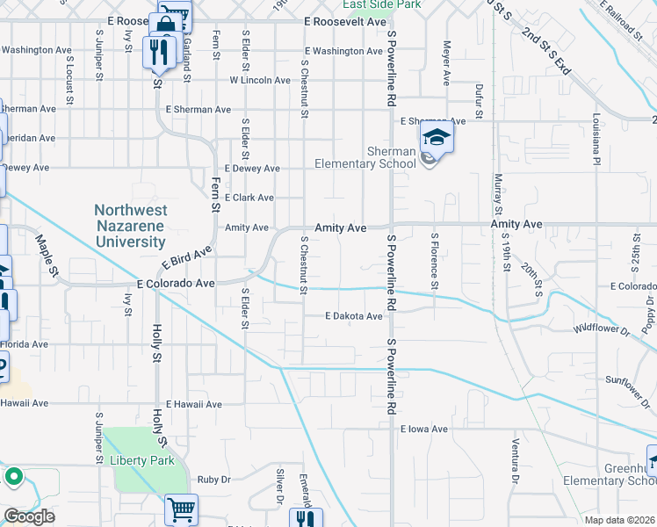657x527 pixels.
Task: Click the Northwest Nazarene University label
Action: (x=142, y=224)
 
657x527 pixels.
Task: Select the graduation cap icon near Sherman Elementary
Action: (x=435, y=138)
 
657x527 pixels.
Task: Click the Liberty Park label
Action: (x=141, y=460)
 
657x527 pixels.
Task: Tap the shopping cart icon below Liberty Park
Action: (x=181, y=509)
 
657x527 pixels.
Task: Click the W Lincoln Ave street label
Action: (x=260, y=80)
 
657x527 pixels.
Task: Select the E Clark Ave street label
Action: (x=249, y=198)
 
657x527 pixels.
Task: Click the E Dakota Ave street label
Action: (x=354, y=316)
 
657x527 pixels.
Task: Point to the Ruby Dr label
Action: (x=213, y=480)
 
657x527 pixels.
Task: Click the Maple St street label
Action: (x=46, y=257)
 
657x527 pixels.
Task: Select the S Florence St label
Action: (x=434, y=261)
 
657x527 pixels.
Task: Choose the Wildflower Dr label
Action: (x=602, y=329)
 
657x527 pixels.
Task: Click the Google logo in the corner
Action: (x=28, y=516)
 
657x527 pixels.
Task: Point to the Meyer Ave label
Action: (x=447, y=62)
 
